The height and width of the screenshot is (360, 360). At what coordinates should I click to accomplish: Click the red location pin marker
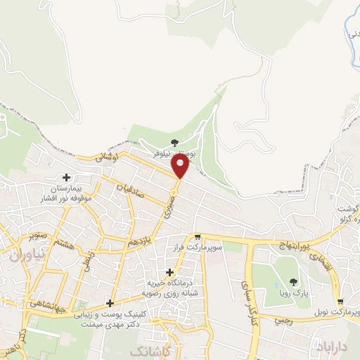click(x=181, y=166)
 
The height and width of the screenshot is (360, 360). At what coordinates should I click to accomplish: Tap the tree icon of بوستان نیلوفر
click(x=174, y=143)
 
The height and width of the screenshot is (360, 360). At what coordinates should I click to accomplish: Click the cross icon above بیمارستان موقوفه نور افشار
click(x=67, y=178)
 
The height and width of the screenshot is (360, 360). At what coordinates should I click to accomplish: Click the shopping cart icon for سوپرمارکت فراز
click(x=198, y=237)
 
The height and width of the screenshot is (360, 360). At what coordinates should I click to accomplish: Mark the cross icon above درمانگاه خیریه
click(x=169, y=272)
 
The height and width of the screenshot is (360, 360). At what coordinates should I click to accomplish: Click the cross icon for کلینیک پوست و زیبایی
click(x=109, y=303)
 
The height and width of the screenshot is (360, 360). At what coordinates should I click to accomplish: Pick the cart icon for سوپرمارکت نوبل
click(x=340, y=300)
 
